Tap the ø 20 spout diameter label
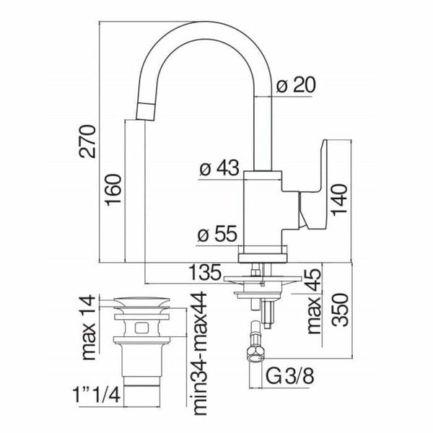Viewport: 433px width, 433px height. [296, 85]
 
